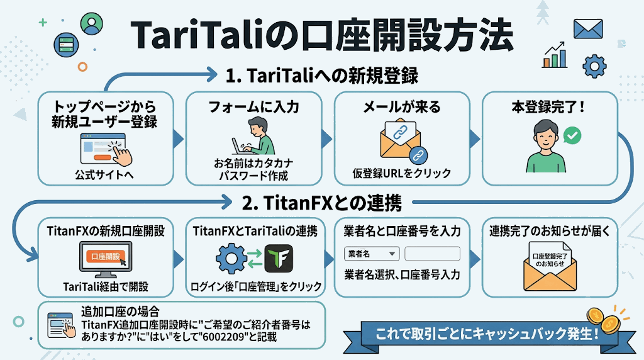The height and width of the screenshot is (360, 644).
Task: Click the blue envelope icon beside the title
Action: (x=588, y=29)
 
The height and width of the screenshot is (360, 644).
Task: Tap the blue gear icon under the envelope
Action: (x=594, y=66)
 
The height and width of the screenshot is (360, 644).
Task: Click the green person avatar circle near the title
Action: (x=91, y=23)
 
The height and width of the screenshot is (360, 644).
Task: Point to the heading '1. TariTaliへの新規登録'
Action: (x=321, y=76)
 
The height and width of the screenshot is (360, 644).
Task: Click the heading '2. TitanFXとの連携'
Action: (x=321, y=203)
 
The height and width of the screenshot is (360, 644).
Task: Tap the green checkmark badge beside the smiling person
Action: (x=572, y=135)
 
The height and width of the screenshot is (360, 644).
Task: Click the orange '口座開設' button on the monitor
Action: (x=105, y=256)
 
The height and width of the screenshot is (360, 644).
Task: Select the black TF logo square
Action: (x=279, y=259)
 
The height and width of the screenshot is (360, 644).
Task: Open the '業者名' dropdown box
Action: (x=372, y=254)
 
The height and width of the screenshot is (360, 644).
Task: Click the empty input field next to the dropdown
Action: (x=432, y=254)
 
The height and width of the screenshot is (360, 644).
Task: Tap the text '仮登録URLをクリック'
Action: (x=402, y=174)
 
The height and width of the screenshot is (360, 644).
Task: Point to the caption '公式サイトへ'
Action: (x=104, y=175)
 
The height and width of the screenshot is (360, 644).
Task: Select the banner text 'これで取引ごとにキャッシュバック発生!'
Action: (x=487, y=334)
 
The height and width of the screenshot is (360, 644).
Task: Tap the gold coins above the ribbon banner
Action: (x=604, y=320)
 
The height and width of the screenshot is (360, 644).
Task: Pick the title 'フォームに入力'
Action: (x=253, y=107)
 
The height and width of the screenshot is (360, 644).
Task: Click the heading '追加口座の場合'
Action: (x=120, y=312)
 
